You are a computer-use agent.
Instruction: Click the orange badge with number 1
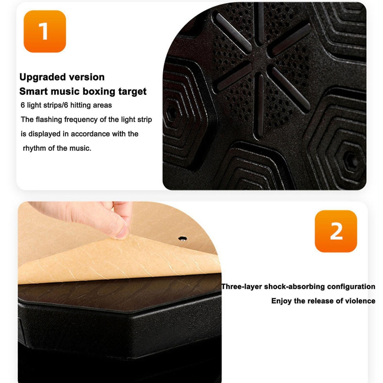click(x=45, y=31)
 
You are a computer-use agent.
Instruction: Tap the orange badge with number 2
click(x=336, y=231)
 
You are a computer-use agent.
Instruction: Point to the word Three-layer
click(x=241, y=287)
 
